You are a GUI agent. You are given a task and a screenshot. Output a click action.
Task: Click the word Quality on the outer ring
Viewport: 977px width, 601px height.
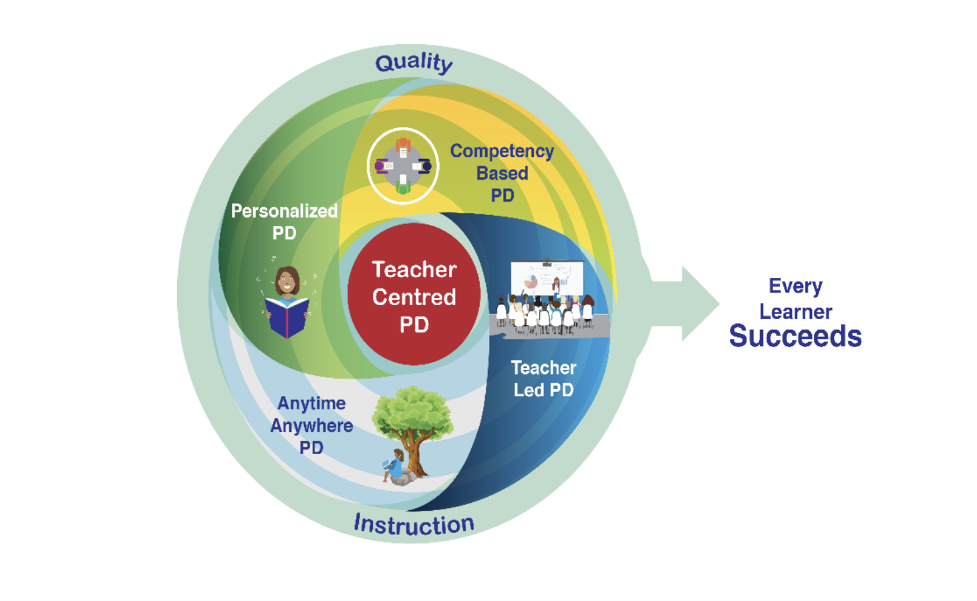[414, 63]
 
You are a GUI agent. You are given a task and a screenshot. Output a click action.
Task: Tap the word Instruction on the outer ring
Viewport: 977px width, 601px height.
[414, 524]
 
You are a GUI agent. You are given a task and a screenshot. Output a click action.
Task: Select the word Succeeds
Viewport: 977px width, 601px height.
[795, 336]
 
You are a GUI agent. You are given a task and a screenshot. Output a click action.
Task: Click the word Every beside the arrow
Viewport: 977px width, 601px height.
[795, 286]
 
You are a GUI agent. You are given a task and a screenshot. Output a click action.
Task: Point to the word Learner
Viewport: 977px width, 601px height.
[795, 312]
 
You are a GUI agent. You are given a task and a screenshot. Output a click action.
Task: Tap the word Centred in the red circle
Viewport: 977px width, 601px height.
[414, 297]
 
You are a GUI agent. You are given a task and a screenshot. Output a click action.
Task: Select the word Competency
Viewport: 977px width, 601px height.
[502, 152]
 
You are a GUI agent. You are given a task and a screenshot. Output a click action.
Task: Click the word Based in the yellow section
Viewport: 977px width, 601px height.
[502, 174]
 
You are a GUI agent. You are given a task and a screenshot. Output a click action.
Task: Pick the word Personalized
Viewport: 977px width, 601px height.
[284, 211]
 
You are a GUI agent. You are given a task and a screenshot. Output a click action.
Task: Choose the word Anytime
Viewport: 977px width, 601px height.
[311, 403]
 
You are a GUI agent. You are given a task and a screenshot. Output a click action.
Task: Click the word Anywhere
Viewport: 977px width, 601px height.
[311, 426]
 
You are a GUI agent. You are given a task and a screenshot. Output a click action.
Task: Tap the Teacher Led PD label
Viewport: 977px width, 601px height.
[543, 379]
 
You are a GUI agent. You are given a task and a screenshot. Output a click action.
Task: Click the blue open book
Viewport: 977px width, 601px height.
[287, 317]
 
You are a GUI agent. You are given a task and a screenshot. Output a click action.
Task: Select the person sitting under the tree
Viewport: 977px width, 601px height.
[396, 467]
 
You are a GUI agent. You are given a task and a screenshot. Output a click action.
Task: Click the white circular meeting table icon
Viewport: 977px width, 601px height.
[403, 166]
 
